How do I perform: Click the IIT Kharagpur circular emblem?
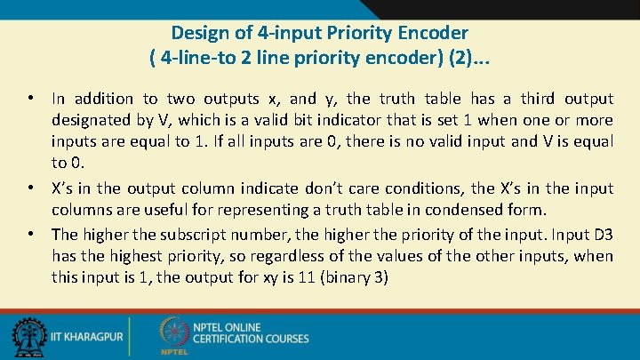click(x=28, y=337)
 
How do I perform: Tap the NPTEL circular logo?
click(x=173, y=333)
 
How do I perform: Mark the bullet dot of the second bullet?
click(x=31, y=188)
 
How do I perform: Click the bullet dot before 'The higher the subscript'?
click(x=31, y=235)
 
